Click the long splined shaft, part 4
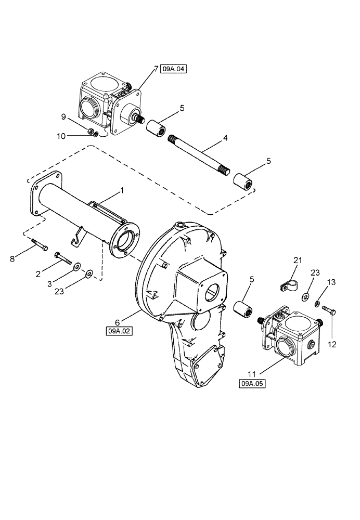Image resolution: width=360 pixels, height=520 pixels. coord(201,156)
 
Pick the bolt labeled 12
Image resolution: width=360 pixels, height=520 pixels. coord(330,310)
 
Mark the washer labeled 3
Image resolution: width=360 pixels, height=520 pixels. coord(76,267)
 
